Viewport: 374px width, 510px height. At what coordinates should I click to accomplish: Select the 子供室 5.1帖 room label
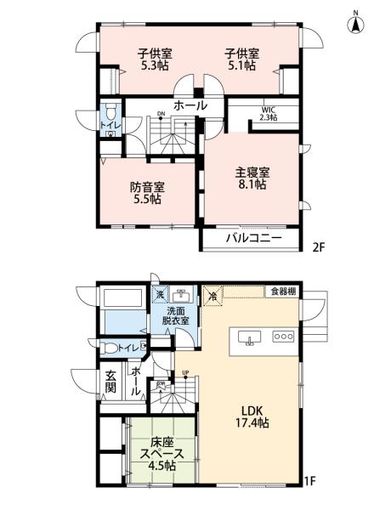pos(241,60)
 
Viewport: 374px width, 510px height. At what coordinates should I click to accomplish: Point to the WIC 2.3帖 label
pos(269,113)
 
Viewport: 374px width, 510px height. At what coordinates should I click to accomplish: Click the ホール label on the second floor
pos(190,106)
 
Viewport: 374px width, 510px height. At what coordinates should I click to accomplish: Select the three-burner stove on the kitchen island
pos(283,336)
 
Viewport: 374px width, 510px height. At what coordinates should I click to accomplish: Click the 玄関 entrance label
pos(111,384)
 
